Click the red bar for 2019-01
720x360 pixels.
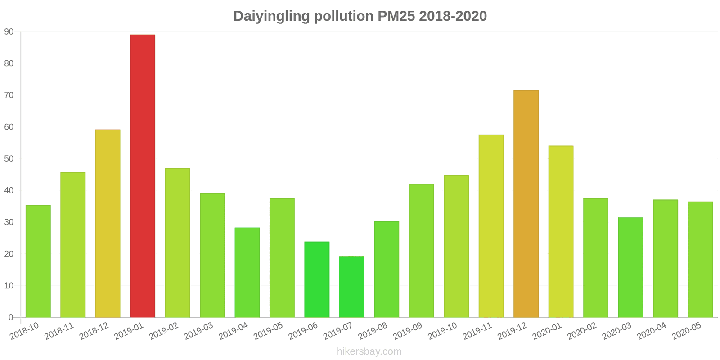point(143,176)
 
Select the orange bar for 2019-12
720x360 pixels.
point(526,204)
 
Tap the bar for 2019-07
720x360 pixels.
point(351,287)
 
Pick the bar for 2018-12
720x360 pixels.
point(108,224)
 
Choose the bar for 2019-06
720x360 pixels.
point(317,279)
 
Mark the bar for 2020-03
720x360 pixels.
point(630,267)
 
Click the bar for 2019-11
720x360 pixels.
point(491,226)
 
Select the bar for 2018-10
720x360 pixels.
point(38,261)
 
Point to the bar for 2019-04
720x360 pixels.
point(247,272)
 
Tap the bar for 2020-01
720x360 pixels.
point(561,231)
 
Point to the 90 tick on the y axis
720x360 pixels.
point(9,32)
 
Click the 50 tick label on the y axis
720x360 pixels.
point(9,159)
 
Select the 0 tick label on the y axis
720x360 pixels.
point(11,318)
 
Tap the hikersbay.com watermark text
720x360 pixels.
point(369,351)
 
